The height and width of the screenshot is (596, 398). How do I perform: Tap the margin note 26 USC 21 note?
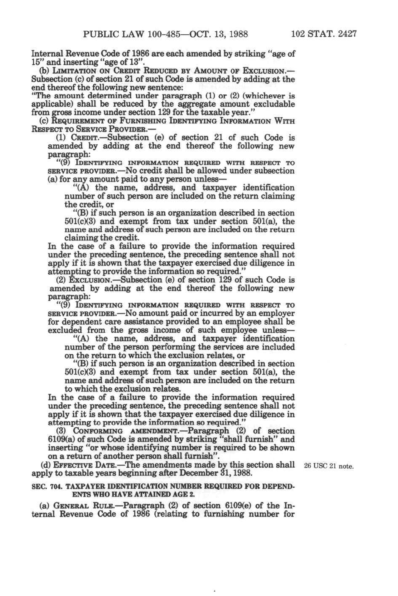(328, 466)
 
